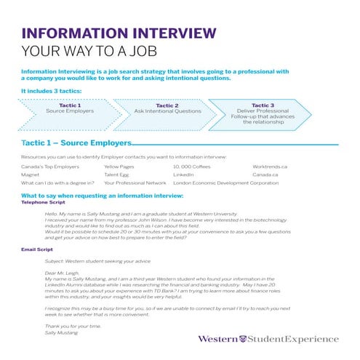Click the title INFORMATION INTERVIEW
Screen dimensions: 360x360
coord(119,34)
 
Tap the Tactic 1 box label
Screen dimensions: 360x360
coord(69,105)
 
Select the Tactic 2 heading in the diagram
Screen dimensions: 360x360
coord(167,105)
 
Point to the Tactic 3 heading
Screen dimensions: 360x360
coord(263,105)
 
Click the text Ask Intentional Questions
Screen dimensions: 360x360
coord(168,111)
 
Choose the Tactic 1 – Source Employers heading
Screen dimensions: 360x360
coord(77,143)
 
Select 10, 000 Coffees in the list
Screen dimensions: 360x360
coord(191,167)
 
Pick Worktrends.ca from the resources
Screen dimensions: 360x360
coord(270,167)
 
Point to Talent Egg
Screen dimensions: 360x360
coord(116,175)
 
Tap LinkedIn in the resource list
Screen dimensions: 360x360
coord(183,175)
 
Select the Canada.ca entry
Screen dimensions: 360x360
coord(265,175)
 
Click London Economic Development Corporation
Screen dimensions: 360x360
coord(225,183)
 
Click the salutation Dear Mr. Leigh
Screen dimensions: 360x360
coord(60,273)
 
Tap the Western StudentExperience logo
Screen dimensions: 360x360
coord(268,339)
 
